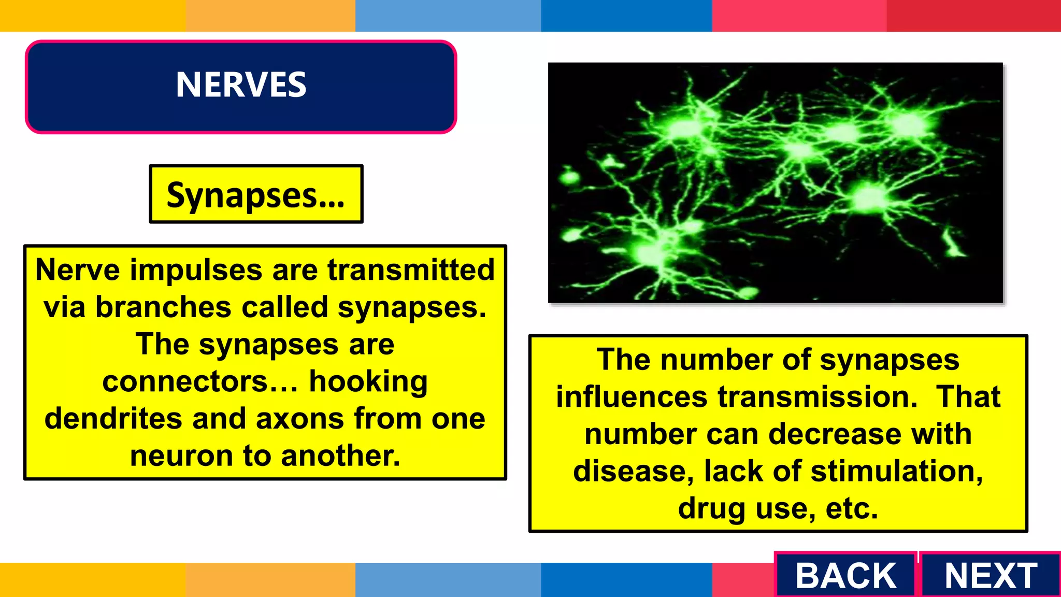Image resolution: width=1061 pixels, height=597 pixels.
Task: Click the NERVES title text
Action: (241, 84)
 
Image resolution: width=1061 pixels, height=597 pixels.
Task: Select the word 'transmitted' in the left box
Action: (411, 270)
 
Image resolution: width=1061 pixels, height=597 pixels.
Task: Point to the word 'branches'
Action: (163, 307)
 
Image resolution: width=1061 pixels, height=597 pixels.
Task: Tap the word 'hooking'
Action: (368, 382)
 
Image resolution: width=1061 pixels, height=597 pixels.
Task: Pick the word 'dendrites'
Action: (113, 419)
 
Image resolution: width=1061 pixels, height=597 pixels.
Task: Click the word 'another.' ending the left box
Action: (340, 456)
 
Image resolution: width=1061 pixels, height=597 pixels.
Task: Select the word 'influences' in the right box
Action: (632, 397)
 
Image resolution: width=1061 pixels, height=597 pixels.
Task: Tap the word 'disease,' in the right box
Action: (633, 472)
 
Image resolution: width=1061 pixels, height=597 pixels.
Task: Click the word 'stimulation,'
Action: (896, 472)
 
